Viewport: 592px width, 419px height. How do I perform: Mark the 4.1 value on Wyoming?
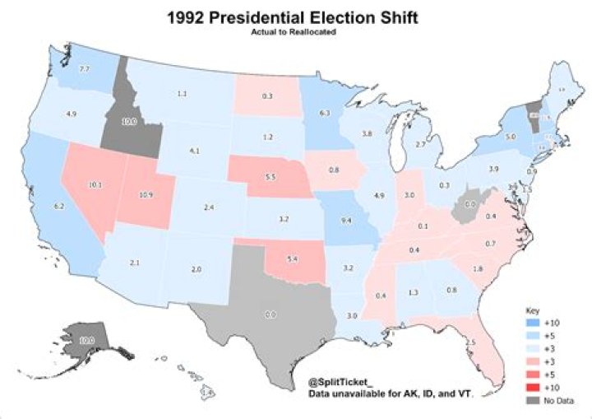pyautogui.click(x=194, y=151)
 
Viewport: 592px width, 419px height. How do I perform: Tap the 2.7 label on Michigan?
pyautogui.click(x=419, y=144)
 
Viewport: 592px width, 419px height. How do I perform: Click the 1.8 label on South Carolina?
pyautogui.click(x=479, y=269)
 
